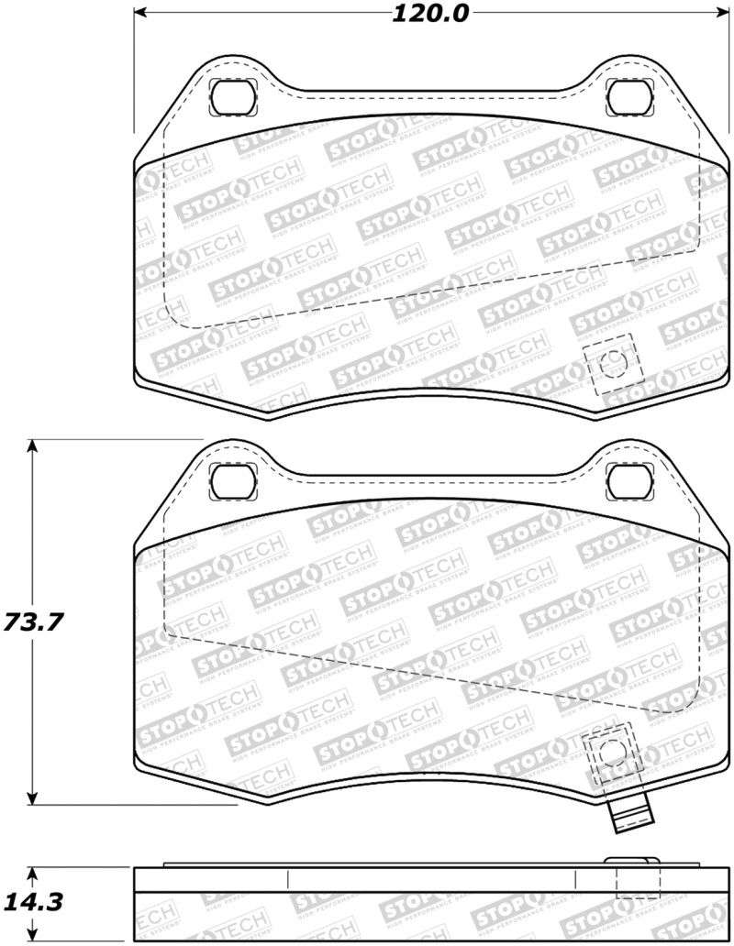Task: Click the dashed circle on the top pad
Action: point(612,365)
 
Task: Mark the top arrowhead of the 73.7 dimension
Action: point(33,447)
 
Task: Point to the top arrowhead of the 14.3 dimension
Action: point(33,873)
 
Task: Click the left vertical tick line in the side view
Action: point(288,878)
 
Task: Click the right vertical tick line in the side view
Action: point(575,878)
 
